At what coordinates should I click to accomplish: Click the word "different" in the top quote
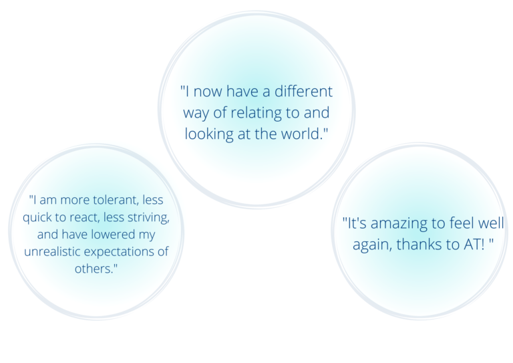coord(303,91)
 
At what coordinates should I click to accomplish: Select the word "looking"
coord(209,134)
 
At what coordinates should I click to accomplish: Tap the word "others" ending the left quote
coord(94,269)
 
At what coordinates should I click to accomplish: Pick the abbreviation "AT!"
coord(474,245)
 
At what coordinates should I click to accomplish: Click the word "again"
coord(372,245)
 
